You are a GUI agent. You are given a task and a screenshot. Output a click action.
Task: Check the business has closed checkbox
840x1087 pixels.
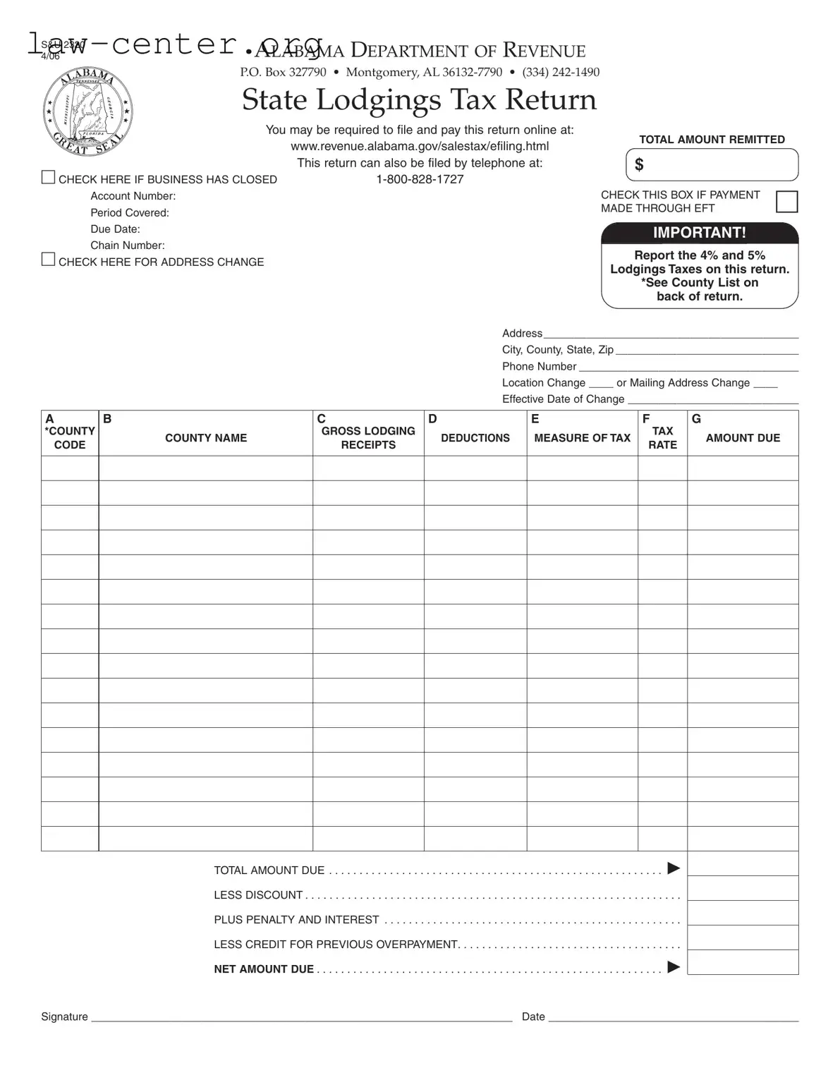[x=48, y=178]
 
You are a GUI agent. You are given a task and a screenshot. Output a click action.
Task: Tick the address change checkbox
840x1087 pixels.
[x=48, y=260]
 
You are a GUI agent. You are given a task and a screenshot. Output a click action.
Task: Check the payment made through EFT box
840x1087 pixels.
[x=786, y=202]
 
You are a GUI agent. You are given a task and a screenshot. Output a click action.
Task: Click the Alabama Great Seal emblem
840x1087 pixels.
[x=88, y=111]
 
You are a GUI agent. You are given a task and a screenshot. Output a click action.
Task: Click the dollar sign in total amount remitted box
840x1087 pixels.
[x=639, y=165]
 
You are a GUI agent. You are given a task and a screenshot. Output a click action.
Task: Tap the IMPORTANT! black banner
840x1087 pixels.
[x=699, y=233]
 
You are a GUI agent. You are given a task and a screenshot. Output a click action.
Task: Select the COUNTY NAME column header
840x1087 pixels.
[x=206, y=438]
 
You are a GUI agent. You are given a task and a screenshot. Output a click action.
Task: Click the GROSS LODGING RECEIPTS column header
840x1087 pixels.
[x=368, y=438]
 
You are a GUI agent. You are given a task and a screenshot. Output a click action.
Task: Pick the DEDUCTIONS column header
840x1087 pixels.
[x=475, y=438]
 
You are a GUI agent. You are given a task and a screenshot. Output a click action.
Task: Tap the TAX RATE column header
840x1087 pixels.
[x=662, y=438]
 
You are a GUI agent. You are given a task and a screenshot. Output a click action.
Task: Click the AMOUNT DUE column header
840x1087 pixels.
[x=743, y=438]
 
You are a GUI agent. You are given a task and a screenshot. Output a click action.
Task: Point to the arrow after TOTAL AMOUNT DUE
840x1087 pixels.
[x=674, y=868]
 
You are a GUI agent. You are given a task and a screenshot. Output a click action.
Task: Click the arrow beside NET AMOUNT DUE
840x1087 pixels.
[x=674, y=967]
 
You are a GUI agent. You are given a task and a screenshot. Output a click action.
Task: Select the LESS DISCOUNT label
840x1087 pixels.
[x=258, y=895]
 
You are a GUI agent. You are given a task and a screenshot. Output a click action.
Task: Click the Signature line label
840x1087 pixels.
[x=64, y=1016]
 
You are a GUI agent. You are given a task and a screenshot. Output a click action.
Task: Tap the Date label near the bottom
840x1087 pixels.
[x=533, y=1016]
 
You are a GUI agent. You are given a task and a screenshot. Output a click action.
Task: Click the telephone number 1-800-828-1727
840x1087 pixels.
[x=420, y=179]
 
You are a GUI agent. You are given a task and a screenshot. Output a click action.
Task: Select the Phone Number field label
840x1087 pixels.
[x=539, y=366]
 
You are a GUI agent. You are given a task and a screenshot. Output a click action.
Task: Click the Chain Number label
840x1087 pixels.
[x=127, y=245]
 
